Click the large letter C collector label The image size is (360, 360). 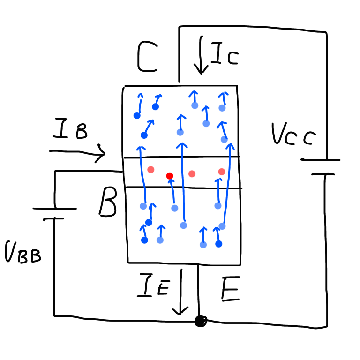147,58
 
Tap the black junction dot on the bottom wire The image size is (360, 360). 201,321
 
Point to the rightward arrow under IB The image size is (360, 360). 77,153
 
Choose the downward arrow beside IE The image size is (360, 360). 180,291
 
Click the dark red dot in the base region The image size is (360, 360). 170,176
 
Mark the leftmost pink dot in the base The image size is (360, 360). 150,169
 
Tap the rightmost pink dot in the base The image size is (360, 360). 221,172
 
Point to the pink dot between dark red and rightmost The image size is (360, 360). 192,173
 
